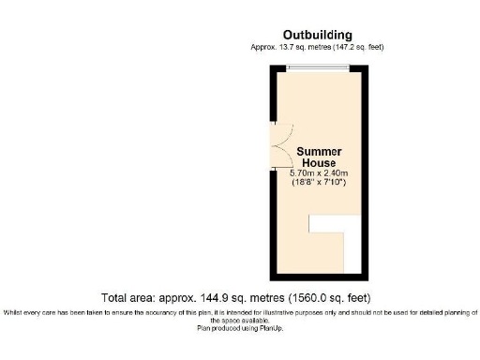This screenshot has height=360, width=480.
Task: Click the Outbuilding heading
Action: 318,35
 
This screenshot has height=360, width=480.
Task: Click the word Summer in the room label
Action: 319,152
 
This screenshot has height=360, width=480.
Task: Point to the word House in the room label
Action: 319,162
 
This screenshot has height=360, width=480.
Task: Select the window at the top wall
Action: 319,67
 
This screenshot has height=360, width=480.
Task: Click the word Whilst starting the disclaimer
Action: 14,311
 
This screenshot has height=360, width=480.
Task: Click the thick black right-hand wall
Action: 361,169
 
